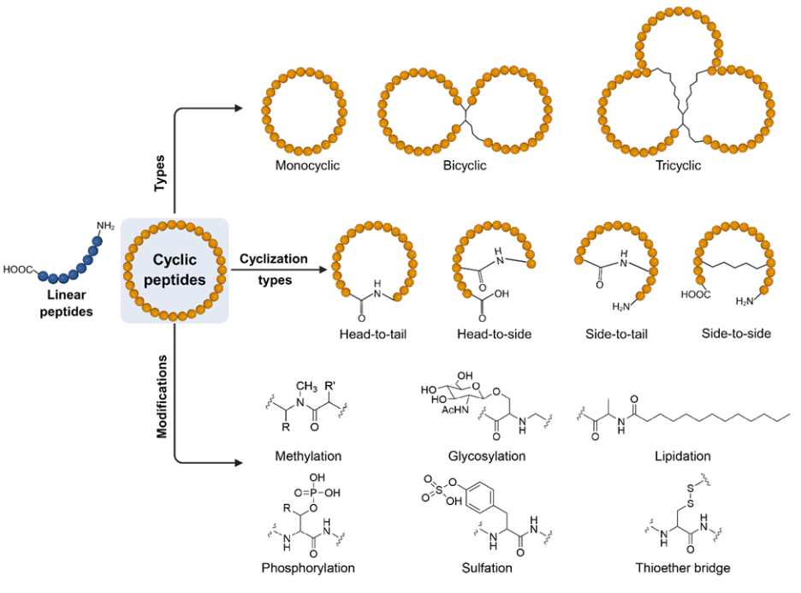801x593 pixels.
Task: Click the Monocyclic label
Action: coord(307,166)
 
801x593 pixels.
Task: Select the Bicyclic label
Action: coord(466,166)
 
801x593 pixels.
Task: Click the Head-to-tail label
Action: coord(372,334)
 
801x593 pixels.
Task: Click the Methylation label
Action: coord(308,456)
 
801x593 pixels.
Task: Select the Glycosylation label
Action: coord(486,456)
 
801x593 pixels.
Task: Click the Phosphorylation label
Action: coord(309,567)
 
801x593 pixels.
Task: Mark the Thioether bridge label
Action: coord(683,567)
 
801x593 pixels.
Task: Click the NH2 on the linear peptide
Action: coord(105,226)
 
